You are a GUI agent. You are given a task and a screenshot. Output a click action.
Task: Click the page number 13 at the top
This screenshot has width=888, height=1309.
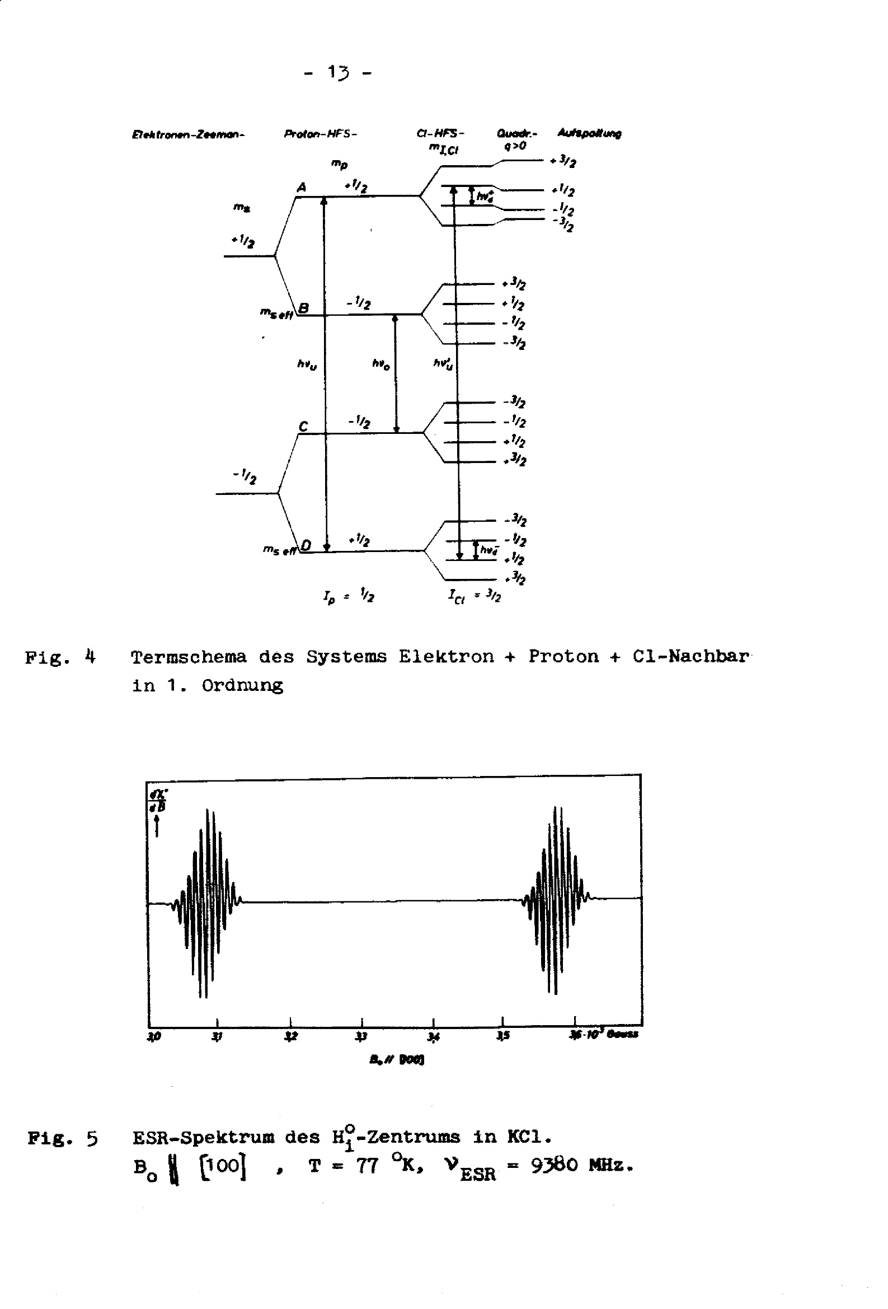coord(339,73)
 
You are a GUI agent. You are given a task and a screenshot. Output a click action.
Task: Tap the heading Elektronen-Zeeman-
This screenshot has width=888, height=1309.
coord(188,135)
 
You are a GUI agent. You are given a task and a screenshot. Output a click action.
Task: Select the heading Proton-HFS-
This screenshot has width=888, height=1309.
coord(321,134)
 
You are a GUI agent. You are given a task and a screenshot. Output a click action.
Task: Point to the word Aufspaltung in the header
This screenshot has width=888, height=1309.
coord(589,133)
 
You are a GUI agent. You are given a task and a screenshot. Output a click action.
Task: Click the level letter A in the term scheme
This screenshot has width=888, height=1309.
coord(302,187)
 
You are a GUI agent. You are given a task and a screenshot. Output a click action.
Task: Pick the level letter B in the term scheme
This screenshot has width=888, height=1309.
coord(303,307)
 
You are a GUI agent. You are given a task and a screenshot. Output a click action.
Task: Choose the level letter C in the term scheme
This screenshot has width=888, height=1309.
coord(303,427)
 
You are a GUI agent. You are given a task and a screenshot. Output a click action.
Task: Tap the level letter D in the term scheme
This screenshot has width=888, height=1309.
coord(306,545)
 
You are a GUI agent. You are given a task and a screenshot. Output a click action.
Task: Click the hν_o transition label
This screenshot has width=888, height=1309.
coord(380,364)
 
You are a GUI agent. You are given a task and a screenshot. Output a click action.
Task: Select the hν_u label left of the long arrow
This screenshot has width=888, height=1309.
coord(307,365)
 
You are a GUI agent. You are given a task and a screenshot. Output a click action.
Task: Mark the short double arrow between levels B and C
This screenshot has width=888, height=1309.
coord(395,373)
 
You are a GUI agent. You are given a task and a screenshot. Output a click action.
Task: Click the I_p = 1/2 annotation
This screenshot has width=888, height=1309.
coord(349,595)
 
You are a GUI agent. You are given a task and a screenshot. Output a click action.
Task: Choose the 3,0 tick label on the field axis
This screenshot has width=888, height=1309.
coord(154,1036)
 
